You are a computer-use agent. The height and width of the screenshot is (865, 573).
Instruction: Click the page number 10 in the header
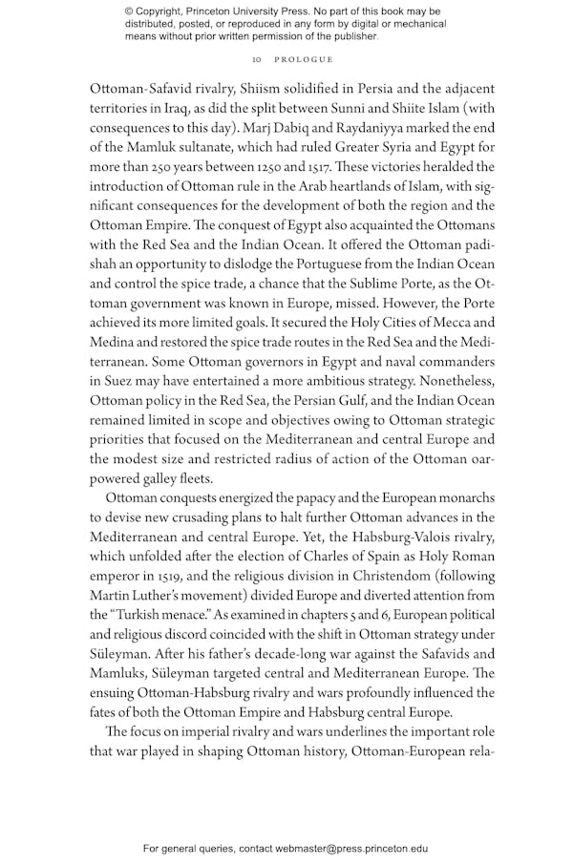pyautogui.click(x=244, y=59)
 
